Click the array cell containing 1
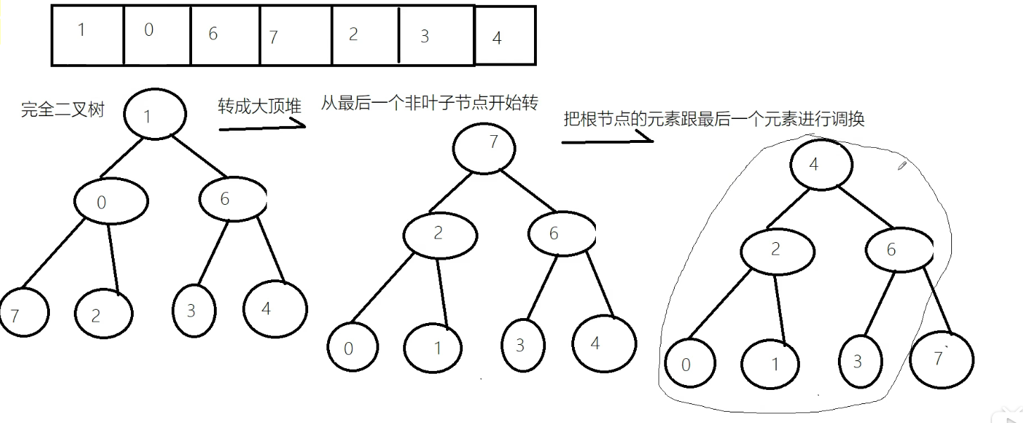pos(87,35)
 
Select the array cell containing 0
pos(156,35)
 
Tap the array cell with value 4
pos(504,36)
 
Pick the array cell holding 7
pos(296,35)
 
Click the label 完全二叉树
pos(63,110)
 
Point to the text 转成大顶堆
pos(260,107)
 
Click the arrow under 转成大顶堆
pos(262,126)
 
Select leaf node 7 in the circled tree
pos(941,360)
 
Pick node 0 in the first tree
pos(111,203)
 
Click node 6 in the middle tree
pos(561,234)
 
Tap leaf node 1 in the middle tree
pos(433,348)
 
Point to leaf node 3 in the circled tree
pos(859,362)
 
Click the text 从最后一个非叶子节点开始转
pos(429,104)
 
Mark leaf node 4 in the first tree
pos(275,309)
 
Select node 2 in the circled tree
pos(777,251)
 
